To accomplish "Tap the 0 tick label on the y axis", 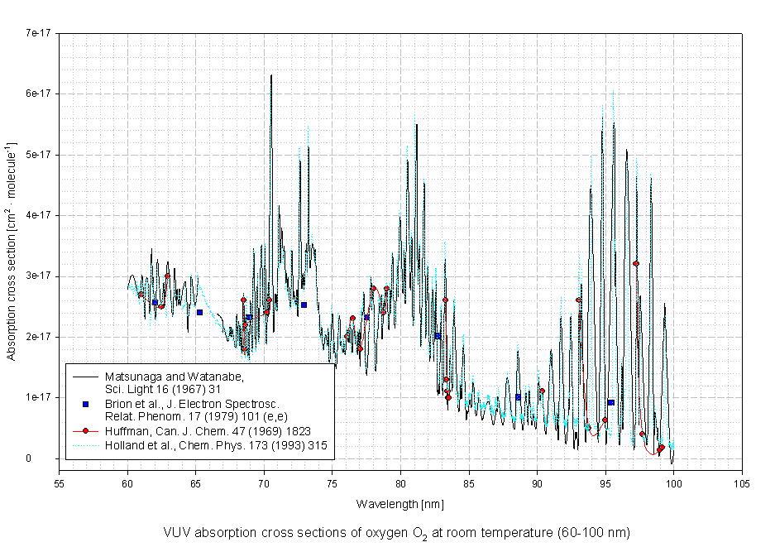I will (50, 458).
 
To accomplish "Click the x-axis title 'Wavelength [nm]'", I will (400, 504).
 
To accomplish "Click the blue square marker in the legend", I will (85, 404).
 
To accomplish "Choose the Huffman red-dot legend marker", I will (85, 431).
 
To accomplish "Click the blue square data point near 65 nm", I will (199, 312).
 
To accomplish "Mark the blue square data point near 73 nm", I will (304, 305).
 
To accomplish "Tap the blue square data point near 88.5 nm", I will (519, 397).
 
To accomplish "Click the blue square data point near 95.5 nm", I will (610, 402).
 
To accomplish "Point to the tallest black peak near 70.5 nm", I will (270, 76).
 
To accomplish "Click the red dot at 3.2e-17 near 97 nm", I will (636, 263).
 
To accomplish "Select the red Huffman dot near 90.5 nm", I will (542, 391).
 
